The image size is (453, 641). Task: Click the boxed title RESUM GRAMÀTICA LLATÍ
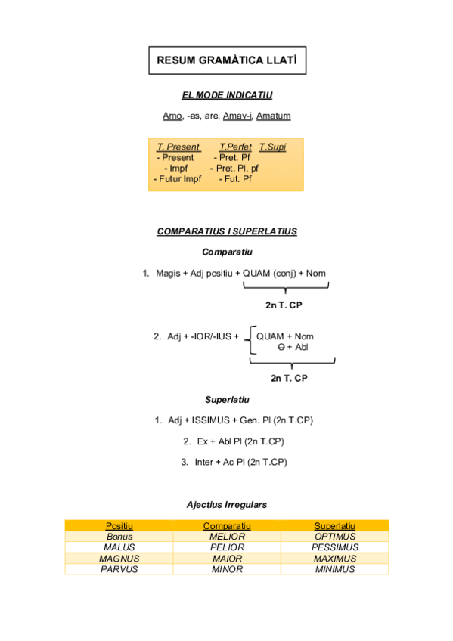[x=227, y=59]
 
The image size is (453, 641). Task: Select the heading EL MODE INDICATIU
[x=227, y=96]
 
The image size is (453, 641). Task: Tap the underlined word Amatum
[x=274, y=116]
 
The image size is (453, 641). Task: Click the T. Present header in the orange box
[x=178, y=147]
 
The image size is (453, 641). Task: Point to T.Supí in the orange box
[x=272, y=147]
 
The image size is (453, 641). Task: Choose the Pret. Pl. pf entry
[x=234, y=169]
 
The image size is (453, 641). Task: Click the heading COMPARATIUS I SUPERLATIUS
[x=227, y=231]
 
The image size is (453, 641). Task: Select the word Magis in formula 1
[x=168, y=274]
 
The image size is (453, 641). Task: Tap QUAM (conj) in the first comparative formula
[x=269, y=274]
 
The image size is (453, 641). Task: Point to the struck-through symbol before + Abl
[x=281, y=347]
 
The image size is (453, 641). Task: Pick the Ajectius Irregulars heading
[x=227, y=504]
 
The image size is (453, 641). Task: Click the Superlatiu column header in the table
[x=335, y=526]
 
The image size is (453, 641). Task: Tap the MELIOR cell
[x=227, y=537]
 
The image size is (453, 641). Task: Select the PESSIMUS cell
[x=335, y=547]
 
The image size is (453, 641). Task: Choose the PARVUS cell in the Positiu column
[x=119, y=569]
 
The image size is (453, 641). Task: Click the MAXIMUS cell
[x=335, y=559]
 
